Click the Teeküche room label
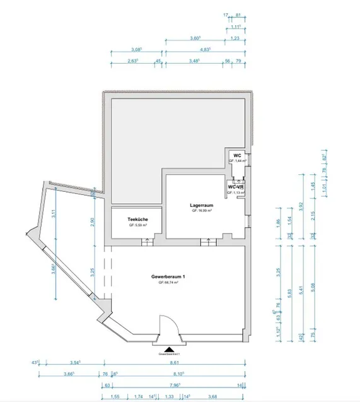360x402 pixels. click(137, 219)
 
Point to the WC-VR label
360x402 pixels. click(236, 187)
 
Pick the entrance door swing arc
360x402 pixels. click(168, 325)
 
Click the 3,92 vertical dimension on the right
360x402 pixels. click(302, 204)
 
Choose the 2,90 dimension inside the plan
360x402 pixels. click(93, 221)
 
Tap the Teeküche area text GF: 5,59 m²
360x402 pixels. click(137, 225)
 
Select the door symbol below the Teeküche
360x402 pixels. click(146, 240)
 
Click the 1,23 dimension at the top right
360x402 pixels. click(235, 38)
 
